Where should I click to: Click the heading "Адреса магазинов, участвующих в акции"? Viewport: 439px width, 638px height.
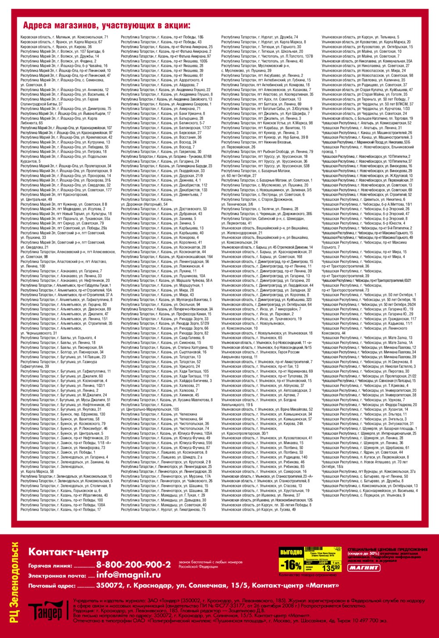pos(106,25)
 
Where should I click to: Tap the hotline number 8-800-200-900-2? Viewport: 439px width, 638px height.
pos(133,564)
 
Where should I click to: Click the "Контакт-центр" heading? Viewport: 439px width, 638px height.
pos(68,552)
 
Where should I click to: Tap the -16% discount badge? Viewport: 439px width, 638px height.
pos(291,565)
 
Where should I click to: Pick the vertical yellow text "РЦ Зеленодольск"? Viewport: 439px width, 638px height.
pos(15,582)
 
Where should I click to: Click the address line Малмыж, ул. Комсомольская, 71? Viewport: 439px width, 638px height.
pos(64,37)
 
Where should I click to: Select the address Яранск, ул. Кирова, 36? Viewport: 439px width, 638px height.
pos(56,47)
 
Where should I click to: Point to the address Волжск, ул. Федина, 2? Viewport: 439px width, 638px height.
pos(58,61)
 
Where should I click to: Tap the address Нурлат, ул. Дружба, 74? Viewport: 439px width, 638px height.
pos(259,37)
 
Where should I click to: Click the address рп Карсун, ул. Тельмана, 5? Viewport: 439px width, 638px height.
pos(360,37)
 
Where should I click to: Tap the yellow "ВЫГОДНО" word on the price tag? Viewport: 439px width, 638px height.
pos(291,552)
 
